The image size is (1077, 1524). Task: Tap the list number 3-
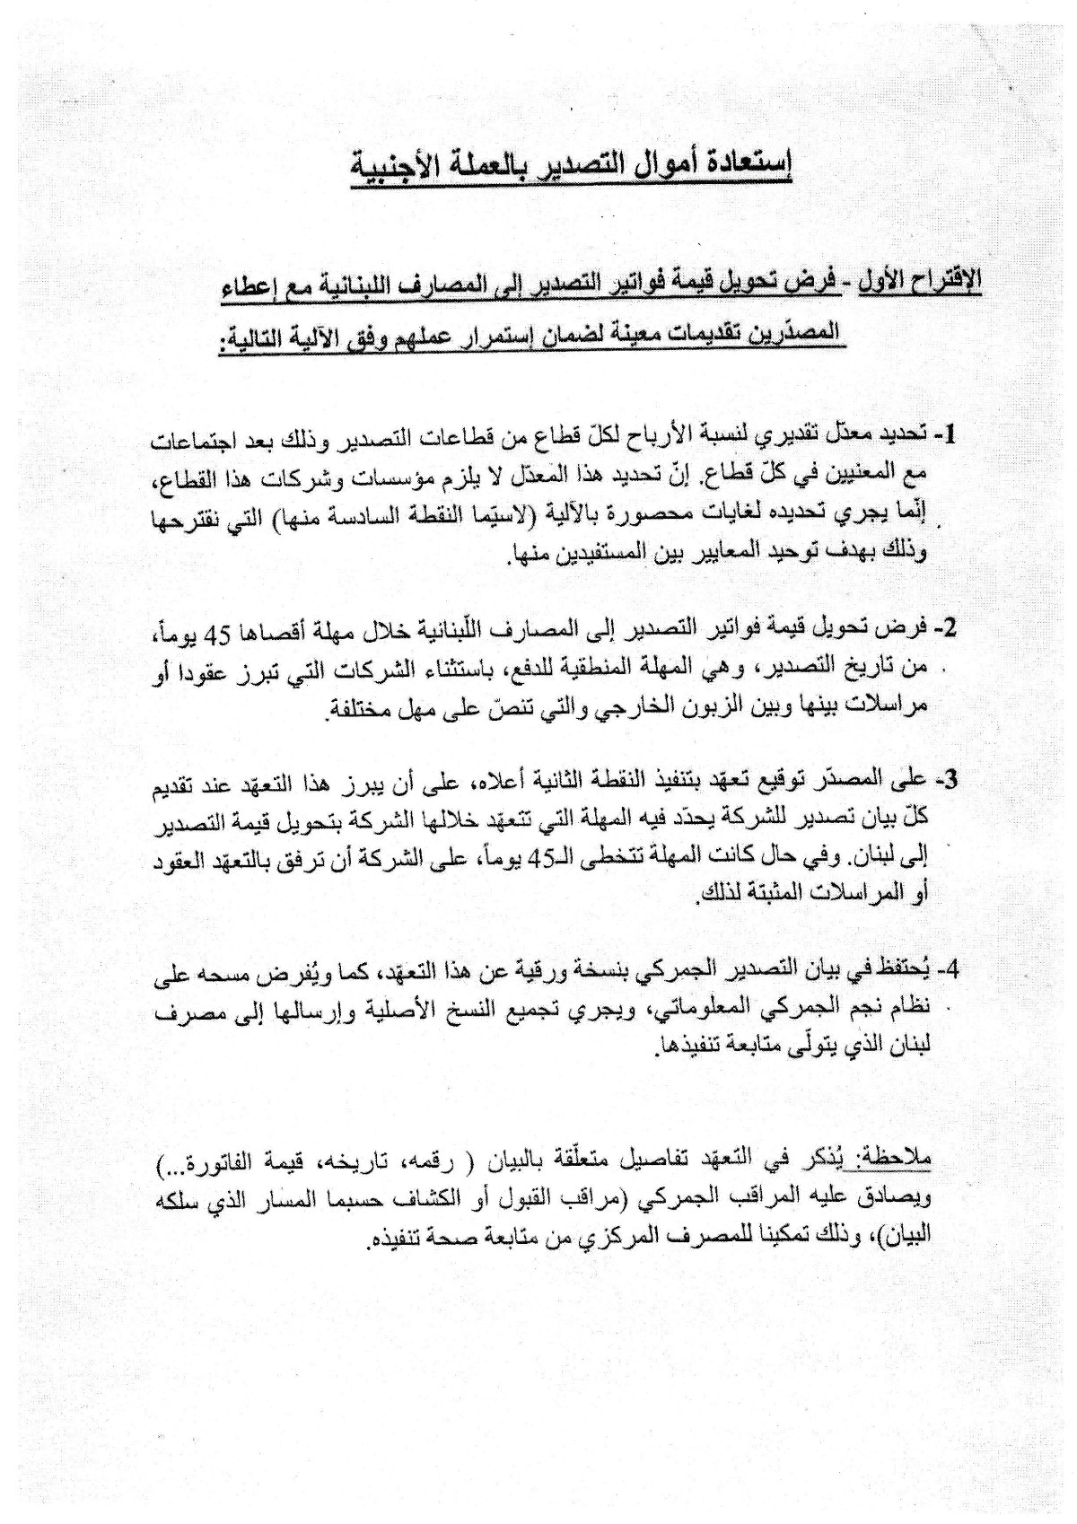click(945, 779)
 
